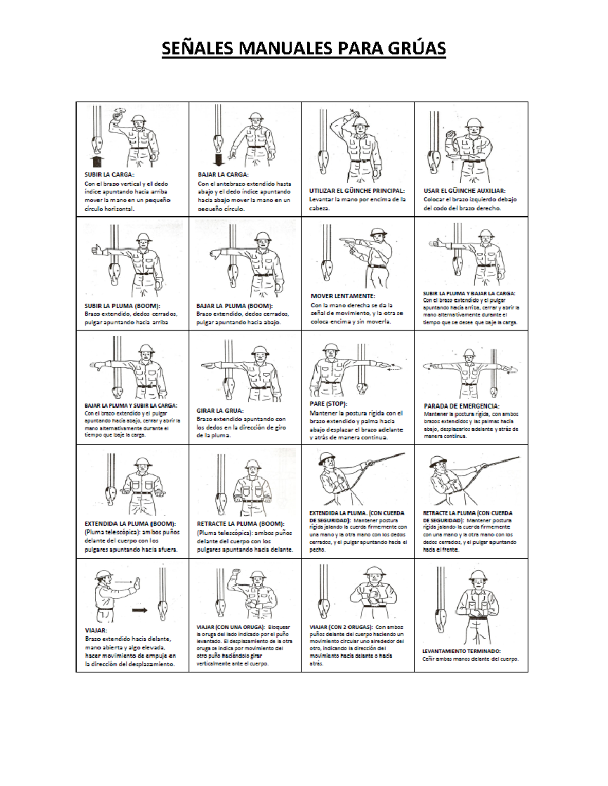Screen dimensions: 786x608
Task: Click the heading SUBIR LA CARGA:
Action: tap(109, 174)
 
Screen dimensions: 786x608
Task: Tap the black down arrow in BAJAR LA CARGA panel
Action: tap(219, 160)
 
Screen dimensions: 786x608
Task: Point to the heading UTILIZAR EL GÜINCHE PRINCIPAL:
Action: tap(357, 191)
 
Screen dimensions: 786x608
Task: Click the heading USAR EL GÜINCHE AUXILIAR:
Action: tap(464, 191)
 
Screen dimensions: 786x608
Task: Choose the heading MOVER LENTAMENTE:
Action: tap(343, 296)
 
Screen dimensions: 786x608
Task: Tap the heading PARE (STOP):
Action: tap(328, 404)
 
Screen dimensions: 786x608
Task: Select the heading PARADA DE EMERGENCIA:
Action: tap(461, 406)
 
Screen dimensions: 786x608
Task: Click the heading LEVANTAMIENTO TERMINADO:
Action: tap(461, 651)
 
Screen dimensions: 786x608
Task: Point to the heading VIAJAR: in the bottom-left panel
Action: tap(96, 630)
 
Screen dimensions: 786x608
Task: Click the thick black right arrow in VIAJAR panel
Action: tap(139, 610)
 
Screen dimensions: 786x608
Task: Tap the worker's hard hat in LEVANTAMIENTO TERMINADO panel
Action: tap(477, 575)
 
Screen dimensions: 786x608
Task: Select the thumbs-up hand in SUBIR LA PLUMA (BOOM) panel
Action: tap(97, 249)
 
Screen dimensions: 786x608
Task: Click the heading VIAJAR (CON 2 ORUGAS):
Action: tap(341, 627)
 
